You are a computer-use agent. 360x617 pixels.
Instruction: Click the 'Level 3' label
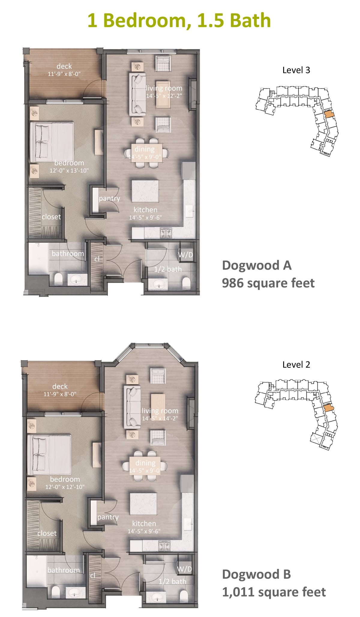coord(296,70)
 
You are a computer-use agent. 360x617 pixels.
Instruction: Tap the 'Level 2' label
coord(296,365)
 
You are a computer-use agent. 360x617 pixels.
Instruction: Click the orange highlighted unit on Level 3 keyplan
coord(328,114)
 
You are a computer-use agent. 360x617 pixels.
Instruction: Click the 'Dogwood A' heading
coord(256,265)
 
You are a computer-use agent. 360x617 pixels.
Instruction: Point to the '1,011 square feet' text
coord(274,592)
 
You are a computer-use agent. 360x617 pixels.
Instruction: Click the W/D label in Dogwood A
coord(186,255)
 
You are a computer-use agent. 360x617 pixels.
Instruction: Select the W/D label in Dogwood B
coord(184,569)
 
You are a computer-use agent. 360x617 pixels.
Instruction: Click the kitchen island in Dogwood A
coord(145,191)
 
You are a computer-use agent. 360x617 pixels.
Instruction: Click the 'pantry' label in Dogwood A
coord(109,198)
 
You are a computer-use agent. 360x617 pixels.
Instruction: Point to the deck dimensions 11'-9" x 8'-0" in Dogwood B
coord(60,394)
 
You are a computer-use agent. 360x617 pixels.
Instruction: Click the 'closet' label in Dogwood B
coord(47,533)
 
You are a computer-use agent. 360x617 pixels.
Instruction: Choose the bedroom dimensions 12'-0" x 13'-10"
coord(69,171)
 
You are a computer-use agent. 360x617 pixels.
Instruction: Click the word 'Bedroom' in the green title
coord(147,20)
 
